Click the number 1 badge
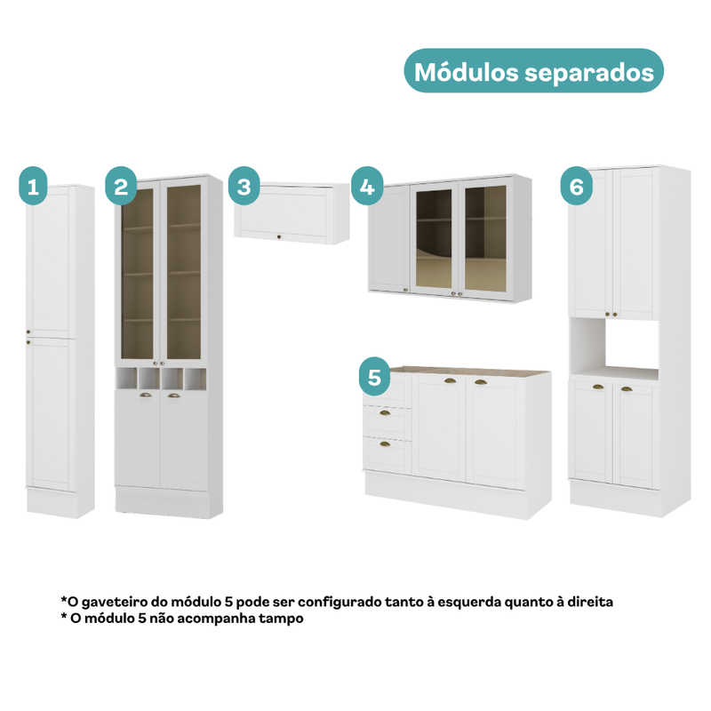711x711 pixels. pos(33,186)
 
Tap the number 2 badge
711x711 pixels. pos(121,186)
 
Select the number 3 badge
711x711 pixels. pos(244,186)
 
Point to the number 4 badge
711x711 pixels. pos(367,186)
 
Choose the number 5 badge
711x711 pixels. pos(374,376)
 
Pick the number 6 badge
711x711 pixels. pos(576,186)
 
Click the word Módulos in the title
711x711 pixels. pos(466,72)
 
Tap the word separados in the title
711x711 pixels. pos(589,73)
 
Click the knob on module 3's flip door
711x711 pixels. pos(279,236)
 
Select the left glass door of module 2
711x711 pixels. pos(138,273)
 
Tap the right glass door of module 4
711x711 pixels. pos(485,239)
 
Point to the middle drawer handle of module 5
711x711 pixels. pos(385,413)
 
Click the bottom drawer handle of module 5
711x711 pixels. pos(385,443)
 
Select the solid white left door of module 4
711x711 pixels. pos(389,238)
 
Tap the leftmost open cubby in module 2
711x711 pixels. pos(126,379)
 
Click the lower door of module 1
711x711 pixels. pos(50,413)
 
